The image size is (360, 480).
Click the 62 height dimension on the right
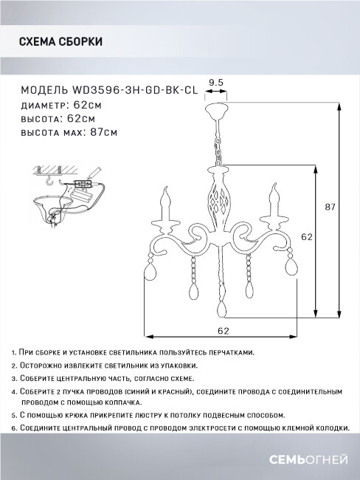click(307, 238)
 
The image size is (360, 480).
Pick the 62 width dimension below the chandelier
click(222, 331)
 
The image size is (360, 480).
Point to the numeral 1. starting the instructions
click(14, 352)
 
